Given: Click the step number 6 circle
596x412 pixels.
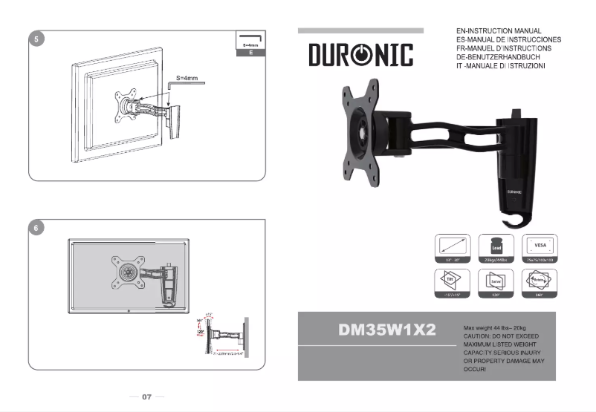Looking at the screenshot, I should click(x=35, y=228).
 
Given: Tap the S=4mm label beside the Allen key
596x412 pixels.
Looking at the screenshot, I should click(x=187, y=77).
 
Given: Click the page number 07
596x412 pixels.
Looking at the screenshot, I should click(x=146, y=397).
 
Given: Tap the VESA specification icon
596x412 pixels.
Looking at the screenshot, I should click(x=540, y=246).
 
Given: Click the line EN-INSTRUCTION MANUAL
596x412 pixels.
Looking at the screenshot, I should click(x=499, y=31).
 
